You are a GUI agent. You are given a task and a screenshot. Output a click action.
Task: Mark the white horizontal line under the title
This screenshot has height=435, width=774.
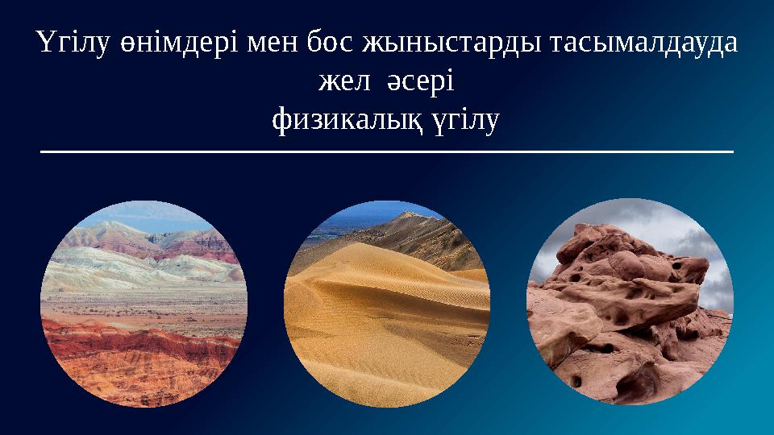(387, 151)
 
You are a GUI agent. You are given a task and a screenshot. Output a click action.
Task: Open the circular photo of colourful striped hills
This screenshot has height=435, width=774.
(144, 302)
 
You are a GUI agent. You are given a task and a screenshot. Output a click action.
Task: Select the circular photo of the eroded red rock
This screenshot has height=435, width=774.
(630, 302)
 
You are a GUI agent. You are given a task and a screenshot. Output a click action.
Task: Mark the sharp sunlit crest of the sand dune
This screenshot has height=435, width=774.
(379, 246)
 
